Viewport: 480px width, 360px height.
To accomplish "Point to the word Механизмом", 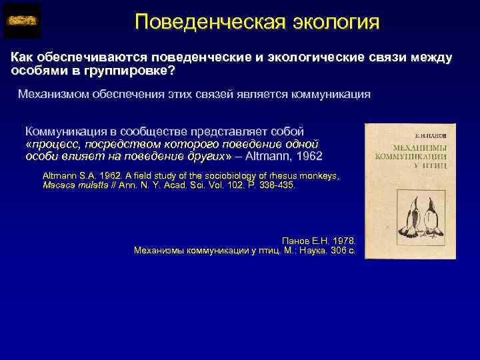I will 54,94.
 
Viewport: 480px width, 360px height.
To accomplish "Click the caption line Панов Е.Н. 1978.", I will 319,240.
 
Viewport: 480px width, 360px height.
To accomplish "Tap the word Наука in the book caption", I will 309,251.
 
